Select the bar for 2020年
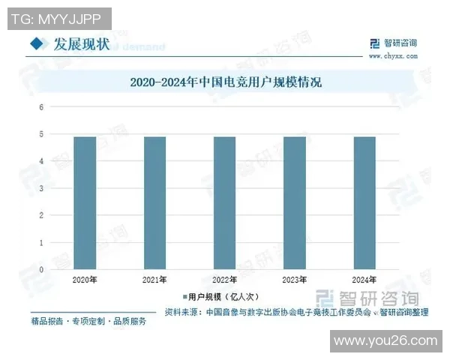[85, 203]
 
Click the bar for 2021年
[154, 203]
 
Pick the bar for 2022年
[225, 203]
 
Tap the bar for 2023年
[295, 203]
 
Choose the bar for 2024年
[364, 203]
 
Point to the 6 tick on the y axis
[42, 107]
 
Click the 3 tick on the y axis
[42, 189]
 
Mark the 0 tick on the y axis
[42, 270]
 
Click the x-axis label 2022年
[225, 280]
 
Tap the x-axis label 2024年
[364, 280]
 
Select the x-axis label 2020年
[85, 280]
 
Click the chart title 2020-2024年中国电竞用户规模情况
[225, 82]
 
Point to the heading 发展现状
[82, 44]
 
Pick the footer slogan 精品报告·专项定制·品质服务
[88, 322]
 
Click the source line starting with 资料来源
[296, 312]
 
